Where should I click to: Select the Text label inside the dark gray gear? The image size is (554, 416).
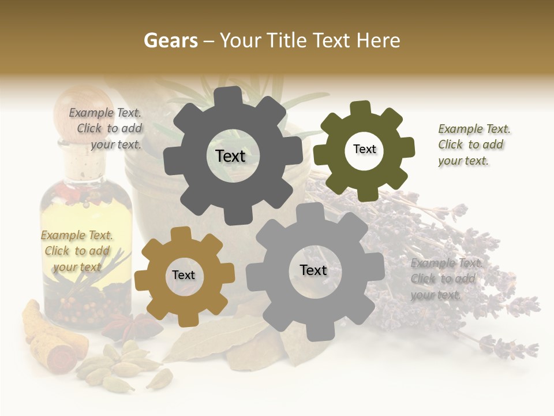click(230, 156)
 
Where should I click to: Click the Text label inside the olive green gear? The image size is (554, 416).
click(364, 149)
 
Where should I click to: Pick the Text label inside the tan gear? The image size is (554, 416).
click(184, 275)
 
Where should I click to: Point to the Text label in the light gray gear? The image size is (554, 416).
click(313, 270)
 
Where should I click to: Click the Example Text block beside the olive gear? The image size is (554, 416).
click(474, 144)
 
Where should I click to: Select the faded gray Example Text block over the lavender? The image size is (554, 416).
click(446, 278)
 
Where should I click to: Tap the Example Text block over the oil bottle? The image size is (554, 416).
click(77, 251)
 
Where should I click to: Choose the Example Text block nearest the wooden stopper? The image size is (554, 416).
click(106, 129)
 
